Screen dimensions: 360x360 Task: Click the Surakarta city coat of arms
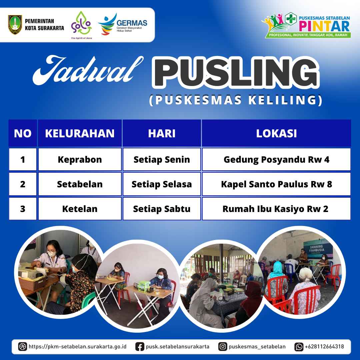tap(15, 25)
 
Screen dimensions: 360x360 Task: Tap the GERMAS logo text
tap(132, 23)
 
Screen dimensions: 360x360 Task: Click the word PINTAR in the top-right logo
tap(324, 26)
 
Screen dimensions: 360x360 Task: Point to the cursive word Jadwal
tap(88, 70)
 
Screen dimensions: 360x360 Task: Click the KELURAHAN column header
tap(80, 133)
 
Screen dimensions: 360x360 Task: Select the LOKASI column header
tap(276, 133)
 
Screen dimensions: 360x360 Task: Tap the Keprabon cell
tap(80, 159)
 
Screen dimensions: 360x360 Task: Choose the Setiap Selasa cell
tap(162, 184)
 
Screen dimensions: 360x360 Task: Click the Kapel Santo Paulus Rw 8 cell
tap(276, 184)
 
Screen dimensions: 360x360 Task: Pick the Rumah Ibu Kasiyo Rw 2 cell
tap(276, 209)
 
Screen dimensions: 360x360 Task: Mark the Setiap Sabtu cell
tap(162, 209)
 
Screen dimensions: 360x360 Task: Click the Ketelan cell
tap(80, 209)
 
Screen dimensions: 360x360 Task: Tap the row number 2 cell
tap(23, 184)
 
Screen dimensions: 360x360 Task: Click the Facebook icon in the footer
tap(140, 346)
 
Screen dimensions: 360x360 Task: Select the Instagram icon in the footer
tap(222, 346)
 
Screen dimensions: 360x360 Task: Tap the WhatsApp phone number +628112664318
tap(324, 346)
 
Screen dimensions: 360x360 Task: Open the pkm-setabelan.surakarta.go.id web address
tap(77, 346)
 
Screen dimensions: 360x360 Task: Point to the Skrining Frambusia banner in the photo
tap(318, 248)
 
